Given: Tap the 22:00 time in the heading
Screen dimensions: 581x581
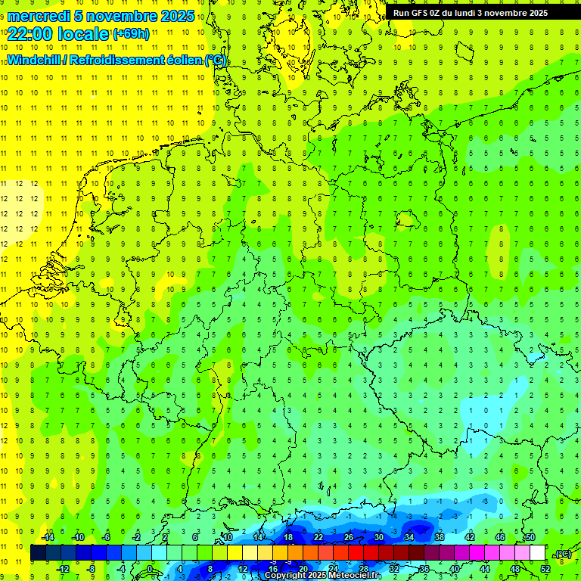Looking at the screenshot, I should [31, 33].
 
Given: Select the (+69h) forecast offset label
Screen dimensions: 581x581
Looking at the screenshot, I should [131, 34].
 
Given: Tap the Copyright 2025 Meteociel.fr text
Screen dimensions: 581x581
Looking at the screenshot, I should [322, 576].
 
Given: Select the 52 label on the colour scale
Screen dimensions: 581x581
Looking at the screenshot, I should [545, 569].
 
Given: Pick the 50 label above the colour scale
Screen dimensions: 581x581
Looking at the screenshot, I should [530, 537].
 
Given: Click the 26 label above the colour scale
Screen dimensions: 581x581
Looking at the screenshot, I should [348, 537].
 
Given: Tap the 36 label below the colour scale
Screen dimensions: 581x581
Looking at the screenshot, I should [424, 569].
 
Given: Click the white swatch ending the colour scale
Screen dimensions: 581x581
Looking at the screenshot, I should [537, 553].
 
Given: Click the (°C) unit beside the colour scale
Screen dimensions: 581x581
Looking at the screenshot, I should [563, 554].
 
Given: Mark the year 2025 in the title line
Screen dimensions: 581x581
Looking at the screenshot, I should [178, 16].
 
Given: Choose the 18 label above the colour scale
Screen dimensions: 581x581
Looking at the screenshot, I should [287, 537].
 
